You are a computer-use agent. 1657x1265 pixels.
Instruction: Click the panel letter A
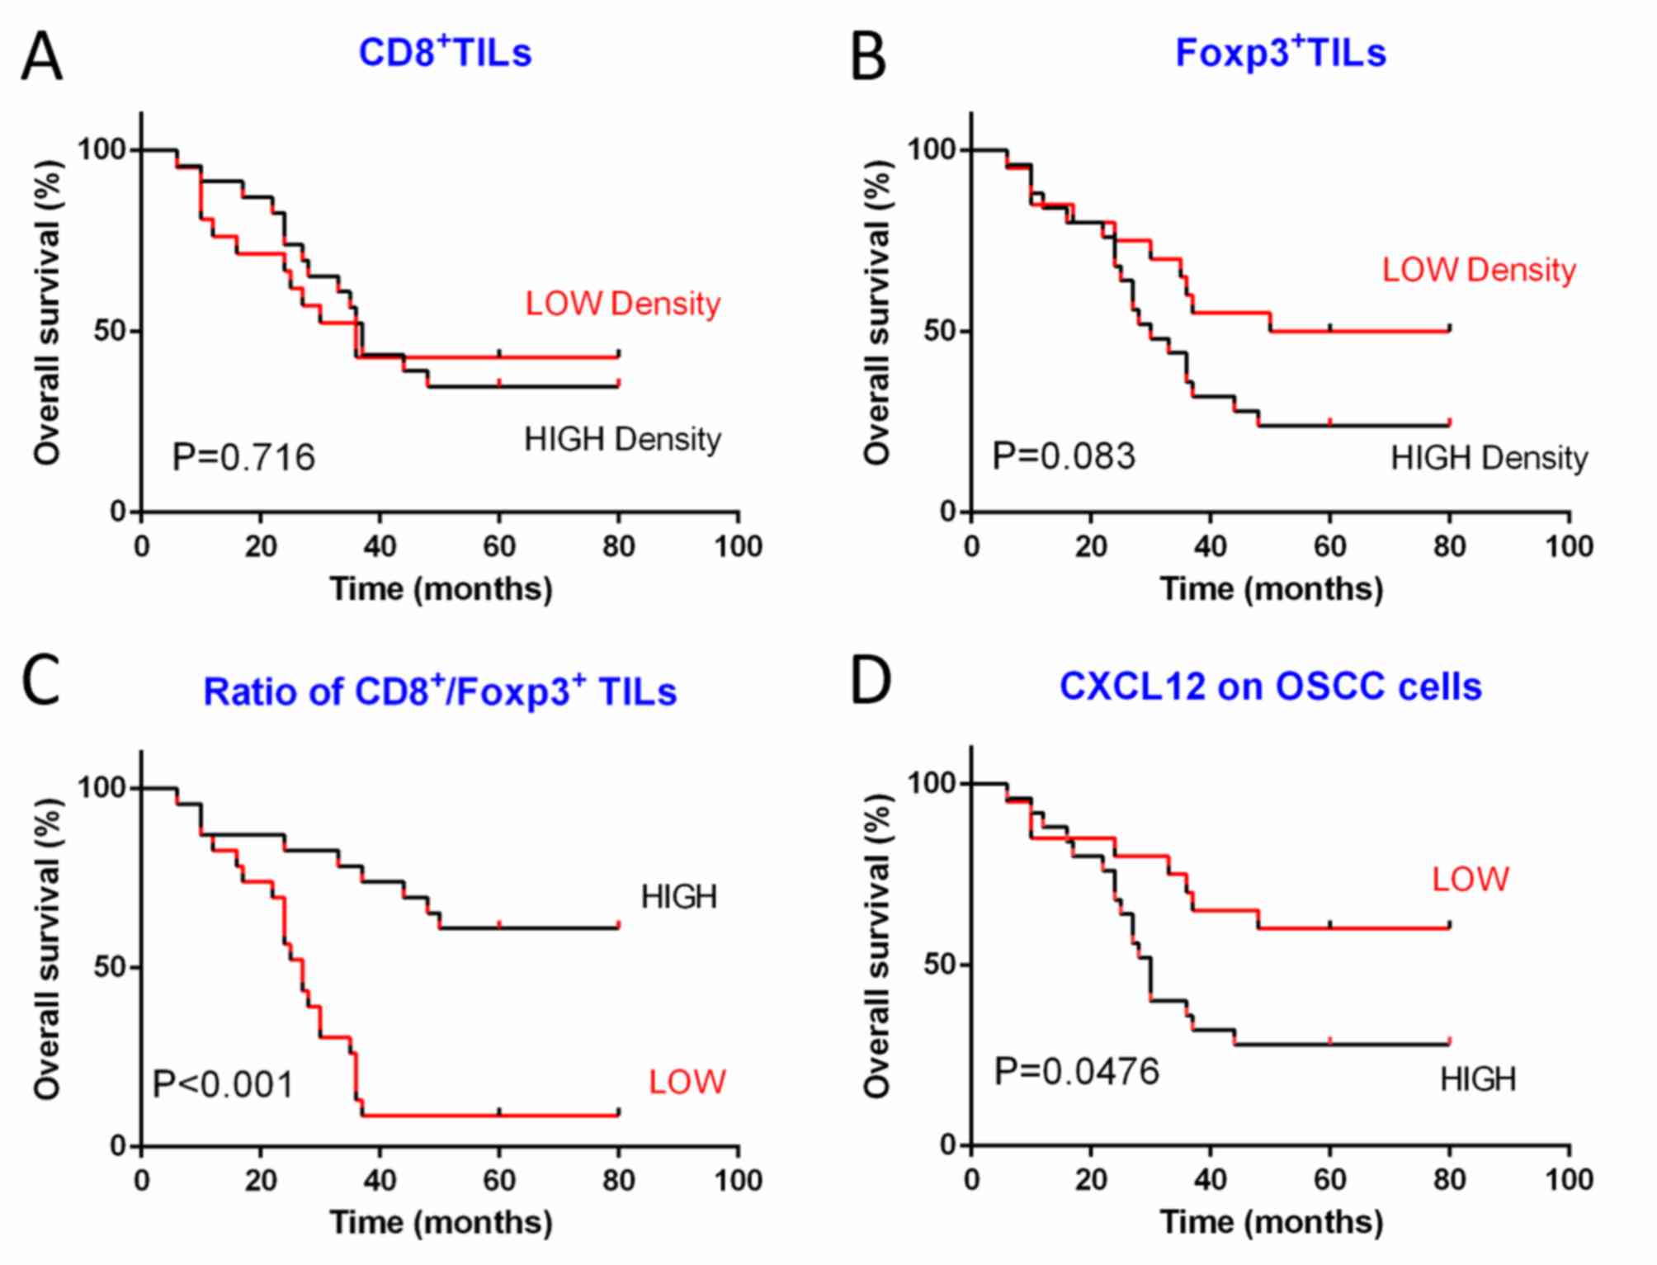41,56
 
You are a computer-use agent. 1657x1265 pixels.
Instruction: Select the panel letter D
871,681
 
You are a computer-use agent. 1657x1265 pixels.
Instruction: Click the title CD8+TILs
445,53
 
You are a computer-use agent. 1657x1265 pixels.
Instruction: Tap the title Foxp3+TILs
1280,53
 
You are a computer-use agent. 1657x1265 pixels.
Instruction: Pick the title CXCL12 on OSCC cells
1270,687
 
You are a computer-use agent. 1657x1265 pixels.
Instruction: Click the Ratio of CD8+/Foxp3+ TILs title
440,692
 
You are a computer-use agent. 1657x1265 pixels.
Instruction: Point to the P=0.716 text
243,457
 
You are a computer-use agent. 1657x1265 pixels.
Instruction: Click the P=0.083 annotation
1064,456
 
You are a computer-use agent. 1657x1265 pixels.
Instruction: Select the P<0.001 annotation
224,1084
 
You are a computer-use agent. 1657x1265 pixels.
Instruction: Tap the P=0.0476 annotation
1077,1071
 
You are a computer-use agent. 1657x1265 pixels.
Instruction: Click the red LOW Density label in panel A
623,304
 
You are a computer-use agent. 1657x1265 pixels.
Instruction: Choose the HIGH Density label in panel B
1489,458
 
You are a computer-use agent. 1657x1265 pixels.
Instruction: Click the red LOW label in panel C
687,1082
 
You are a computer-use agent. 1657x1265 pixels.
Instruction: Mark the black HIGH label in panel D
1478,1079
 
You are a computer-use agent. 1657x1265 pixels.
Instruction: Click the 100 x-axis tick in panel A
738,546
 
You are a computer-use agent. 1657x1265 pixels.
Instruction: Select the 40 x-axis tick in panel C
380,1181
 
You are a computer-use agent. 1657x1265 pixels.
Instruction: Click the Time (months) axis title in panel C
441,1222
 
